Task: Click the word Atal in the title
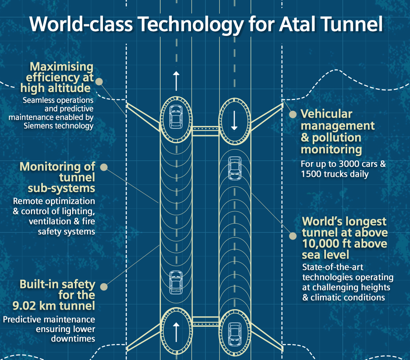pyautogui.click(x=297, y=24)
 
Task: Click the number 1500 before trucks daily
pyautogui.click(x=311, y=174)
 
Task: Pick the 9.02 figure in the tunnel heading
pyautogui.click(x=24, y=306)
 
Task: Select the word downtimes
pyautogui.click(x=73, y=339)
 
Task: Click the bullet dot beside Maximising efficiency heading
pyautogui.click(x=99, y=82)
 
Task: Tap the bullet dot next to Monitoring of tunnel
pyautogui.click(x=104, y=167)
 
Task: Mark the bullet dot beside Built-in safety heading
pyautogui.click(x=104, y=286)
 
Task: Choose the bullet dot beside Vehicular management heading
pyautogui.click(x=293, y=114)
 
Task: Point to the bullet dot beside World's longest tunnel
pyautogui.click(x=293, y=236)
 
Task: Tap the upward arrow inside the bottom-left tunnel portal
pyautogui.click(x=176, y=332)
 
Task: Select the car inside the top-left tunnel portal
pyautogui.click(x=176, y=117)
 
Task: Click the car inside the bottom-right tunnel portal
pyautogui.click(x=235, y=334)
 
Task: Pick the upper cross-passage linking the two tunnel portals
pyautogui.click(x=205, y=131)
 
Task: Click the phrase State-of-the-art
pyautogui.click(x=333, y=267)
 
